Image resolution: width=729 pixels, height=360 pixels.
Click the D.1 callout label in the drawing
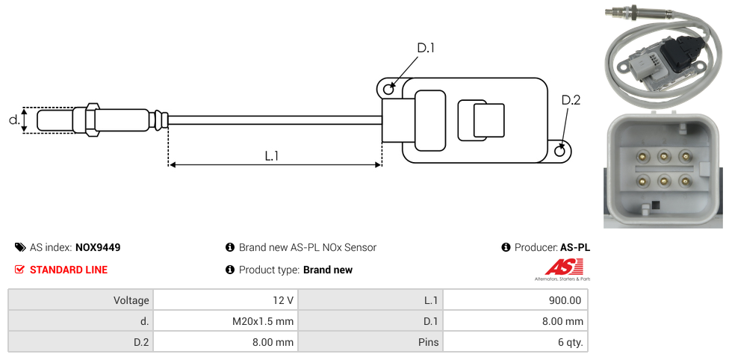[426, 49]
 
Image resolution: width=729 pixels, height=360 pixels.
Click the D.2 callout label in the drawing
[571, 100]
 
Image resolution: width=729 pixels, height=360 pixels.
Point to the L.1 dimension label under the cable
[272, 156]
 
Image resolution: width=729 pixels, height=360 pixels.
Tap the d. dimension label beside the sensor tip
[13, 120]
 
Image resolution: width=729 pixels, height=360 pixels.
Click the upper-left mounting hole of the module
[388, 90]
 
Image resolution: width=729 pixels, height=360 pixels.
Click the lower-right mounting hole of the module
[561, 152]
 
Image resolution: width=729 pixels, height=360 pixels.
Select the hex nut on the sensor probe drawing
[92, 120]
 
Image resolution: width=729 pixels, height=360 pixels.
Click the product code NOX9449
[98, 247]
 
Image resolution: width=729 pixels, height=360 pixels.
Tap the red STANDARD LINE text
[68, 270]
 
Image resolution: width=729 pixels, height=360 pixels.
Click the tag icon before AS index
[20, 247]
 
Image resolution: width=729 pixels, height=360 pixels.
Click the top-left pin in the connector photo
[641, 156]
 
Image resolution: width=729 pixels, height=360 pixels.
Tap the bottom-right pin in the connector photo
[684, 179]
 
